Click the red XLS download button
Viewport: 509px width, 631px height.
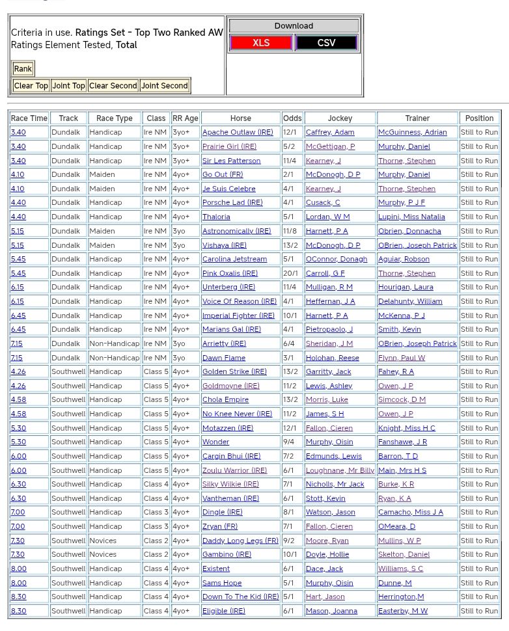point(261,43)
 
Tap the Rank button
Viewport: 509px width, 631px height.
point(23,69)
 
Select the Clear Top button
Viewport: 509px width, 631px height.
point(31,86)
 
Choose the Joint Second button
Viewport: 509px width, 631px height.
point(165,86)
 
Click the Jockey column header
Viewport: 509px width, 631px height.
point(340,118)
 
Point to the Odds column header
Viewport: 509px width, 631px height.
point(292,118)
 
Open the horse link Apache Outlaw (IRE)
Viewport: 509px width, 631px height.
point(238,132)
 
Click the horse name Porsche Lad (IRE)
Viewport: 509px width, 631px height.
point(232,203)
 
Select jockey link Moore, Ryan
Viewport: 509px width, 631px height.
point(327,541)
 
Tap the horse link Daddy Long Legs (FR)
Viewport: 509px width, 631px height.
point(240,541)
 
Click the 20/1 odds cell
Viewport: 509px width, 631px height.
point(291,273)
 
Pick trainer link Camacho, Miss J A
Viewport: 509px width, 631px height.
point(410,513)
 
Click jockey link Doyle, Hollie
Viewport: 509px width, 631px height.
point(327,555)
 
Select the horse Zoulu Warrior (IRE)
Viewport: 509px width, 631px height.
point(234,470)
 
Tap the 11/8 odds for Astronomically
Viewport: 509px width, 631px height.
point(291,231)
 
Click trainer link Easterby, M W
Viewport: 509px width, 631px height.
point(403,611)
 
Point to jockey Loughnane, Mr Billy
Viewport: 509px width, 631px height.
point(340,470)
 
